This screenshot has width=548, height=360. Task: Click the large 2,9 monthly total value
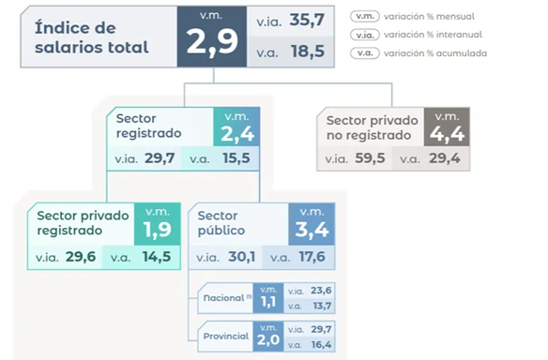[x=212, y=42]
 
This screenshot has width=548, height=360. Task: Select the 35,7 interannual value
[x=307, y=21]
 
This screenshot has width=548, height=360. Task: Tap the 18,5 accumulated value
[x=308, y=52]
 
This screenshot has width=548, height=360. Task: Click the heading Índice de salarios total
[x=92, y=37]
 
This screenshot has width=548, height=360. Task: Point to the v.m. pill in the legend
[x=365, y=17]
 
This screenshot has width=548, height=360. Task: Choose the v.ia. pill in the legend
[x=365, y=35]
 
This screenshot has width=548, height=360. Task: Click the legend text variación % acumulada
[x=435, y=53]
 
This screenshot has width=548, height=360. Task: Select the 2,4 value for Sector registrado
[x=237, y=134]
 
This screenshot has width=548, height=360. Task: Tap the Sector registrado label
[x=148, y=126]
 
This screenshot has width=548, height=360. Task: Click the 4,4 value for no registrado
[x=447, y=133]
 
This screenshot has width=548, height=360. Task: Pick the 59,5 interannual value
[x=370, y=158]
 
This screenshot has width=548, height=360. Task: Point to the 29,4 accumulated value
[x=445, y=158]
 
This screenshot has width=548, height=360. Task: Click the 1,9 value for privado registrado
[x=158, y=230]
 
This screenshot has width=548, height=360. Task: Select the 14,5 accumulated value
[x=157, y=257]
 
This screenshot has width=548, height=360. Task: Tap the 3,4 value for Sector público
[x=312, y=230]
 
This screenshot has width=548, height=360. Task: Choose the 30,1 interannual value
[x=242, y=257]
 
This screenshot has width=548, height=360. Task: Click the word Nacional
[x=223, y=298]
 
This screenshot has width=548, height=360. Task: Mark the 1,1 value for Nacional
[x=268, y=302]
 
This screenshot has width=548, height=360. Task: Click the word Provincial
[x=226, y=336]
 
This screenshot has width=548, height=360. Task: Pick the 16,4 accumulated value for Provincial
[x=322, y=345]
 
